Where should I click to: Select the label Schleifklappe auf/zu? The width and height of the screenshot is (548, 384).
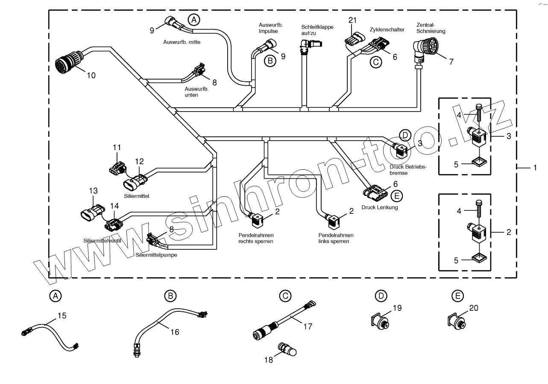(317, 30)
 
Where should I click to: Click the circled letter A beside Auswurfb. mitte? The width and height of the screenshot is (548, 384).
(194, 19)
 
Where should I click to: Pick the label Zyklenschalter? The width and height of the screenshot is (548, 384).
(387, 30)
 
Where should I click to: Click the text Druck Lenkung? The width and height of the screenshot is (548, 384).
(379, 207)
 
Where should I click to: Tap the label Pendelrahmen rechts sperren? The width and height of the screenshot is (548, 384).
(256, 238)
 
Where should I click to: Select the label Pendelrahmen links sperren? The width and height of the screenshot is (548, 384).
(336, 238)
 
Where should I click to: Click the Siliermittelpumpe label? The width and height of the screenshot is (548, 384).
(156, 255)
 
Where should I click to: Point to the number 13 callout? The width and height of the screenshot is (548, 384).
(93, 191)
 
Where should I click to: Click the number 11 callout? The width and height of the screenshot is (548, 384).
(117, 147)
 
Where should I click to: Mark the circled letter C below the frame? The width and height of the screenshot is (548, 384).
(285, 295)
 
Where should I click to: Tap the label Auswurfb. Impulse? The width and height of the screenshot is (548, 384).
(268, 28)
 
